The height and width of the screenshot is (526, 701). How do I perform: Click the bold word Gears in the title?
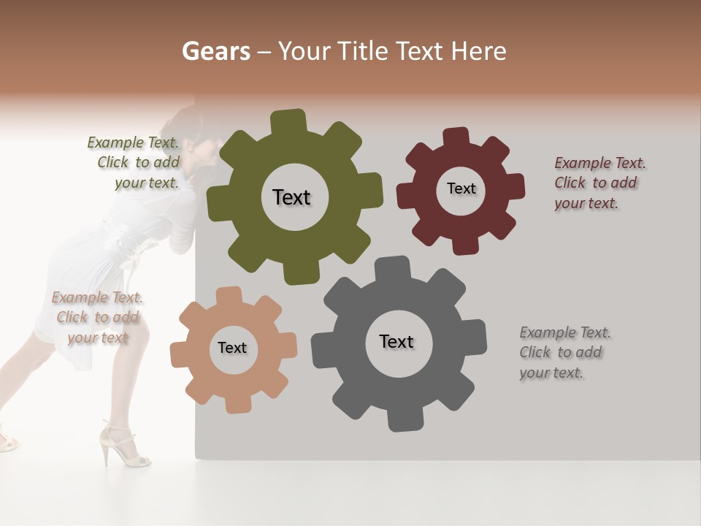[x=215, y=51]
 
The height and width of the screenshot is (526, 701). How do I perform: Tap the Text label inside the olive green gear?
[x=291, y=197]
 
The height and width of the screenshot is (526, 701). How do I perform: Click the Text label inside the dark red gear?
[x=461, y=188]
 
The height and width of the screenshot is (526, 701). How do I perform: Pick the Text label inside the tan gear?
[x=232, y=348]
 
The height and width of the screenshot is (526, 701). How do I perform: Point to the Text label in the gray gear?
[x=397, y=341]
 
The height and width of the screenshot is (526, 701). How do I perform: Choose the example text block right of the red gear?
[x=600, y=183]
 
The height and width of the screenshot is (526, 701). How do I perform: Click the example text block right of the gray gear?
[x=564, y=352]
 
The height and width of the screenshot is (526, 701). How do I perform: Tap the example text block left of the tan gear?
[x=97, y=317]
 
